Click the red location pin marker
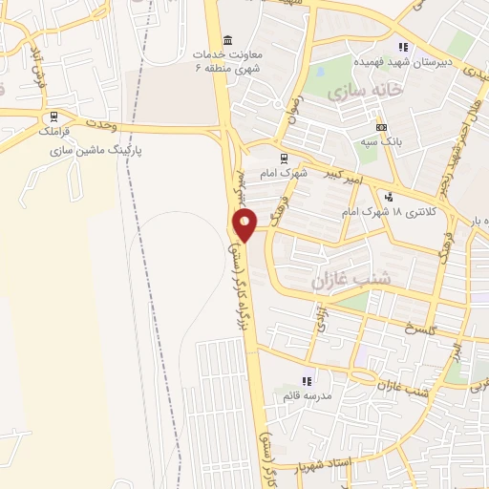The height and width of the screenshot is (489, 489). (245, 224)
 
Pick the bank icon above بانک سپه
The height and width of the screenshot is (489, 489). (382, 127)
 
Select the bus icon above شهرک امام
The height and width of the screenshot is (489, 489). (283, 159)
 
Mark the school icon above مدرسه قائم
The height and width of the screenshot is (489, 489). (306, 381)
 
